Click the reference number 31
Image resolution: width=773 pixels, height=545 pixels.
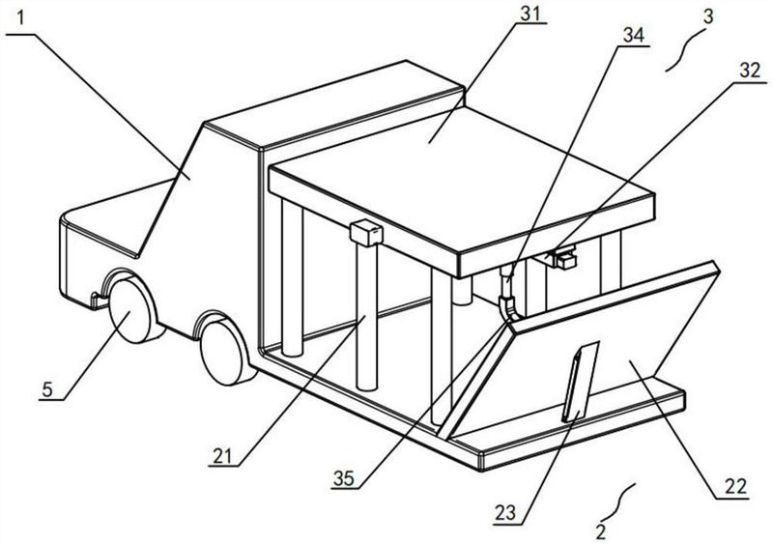click(x=530, y=14)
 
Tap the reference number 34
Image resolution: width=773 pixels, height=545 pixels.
click(x=634, y=36)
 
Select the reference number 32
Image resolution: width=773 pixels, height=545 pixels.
click(x=751, y=71)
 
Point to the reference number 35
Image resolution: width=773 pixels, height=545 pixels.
click(x=344, y=478)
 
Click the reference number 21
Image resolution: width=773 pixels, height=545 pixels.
click(x=222, y=457)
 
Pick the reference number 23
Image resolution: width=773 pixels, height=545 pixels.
click(x=505, y=513)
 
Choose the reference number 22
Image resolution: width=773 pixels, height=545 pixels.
click(x=735, y=487)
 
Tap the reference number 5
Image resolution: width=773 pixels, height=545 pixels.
click(x=47, y=389)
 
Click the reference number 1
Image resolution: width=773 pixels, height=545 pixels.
click(x=20, y=18)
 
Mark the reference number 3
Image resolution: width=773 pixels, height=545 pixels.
click(x=707, y=16)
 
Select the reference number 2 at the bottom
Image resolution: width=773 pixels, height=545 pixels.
click(x=600, y=532)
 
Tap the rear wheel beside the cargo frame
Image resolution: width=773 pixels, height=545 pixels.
click(x=225, y=349)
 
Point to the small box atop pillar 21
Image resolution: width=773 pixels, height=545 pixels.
click(x=366, y=232)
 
